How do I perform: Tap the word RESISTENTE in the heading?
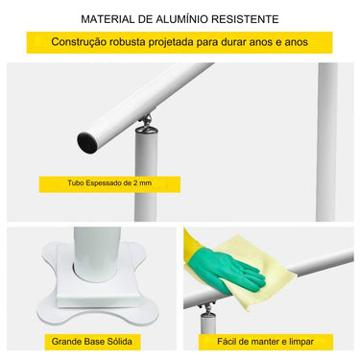click(246, 18)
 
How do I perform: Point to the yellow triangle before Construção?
click(39, 43)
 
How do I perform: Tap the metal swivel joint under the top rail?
click(147, 122)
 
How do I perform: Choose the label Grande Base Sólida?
click(91, 342)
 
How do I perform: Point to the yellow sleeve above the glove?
click(195, 246)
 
